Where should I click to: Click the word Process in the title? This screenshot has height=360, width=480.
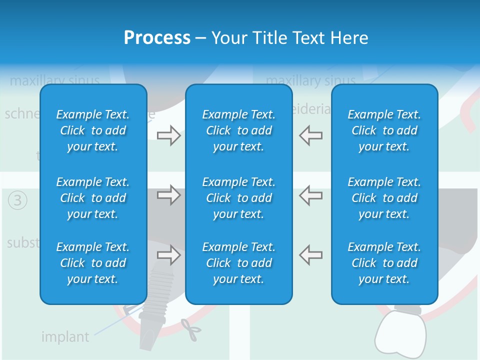pyautogui.click(x=157, y=38)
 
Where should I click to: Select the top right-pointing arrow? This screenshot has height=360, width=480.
pyautogui.click(x=168, y=135)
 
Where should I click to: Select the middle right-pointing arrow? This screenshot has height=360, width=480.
pyautogui.click(x=168, y=194)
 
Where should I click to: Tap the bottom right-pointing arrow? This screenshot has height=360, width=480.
pyautogui.click(x=168, y=255)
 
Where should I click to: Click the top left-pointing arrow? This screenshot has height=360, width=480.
pyautogui.click(x=311, y=135)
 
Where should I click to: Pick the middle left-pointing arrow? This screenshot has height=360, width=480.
pyautogui.click(x=311, y=194)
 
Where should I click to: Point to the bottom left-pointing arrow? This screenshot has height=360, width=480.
pyautogui.click(x=311, y=255)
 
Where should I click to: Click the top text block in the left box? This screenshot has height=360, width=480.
pyautogui.click(x=93, y=130)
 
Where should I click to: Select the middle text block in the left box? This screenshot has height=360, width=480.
pyautogui.click(x=93, y=198)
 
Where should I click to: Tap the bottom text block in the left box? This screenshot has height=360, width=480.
pyautogui.click(x=93, y=263)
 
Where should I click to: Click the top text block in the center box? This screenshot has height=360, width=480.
pyautogui.click(x=238, y=130)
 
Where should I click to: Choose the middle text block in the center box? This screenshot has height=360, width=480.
pyautogui.click(x=238, y=198)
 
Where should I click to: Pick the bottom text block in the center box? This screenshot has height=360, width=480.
pyautogui.click(x=238, y=263)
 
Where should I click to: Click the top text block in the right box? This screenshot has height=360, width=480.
pyautogui.click(x=384, y=130)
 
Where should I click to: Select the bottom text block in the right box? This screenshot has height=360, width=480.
pyautogui.click(x=384, y=263)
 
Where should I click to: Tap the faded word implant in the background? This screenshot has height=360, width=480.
pyautogui.click(x=65, y=337)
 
